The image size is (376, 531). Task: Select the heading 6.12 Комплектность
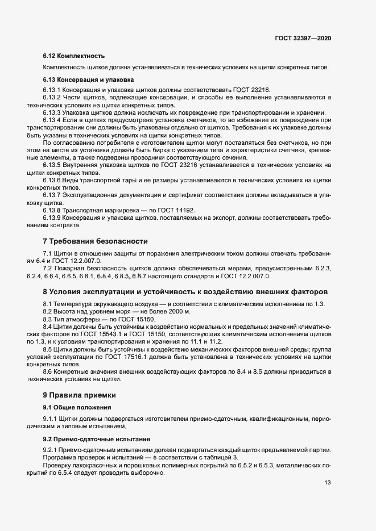coord(74,56)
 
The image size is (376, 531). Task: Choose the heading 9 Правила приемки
coord(79,394)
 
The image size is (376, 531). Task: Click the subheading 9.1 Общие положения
coord(76,408)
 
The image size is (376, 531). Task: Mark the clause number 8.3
coord(47,320)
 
